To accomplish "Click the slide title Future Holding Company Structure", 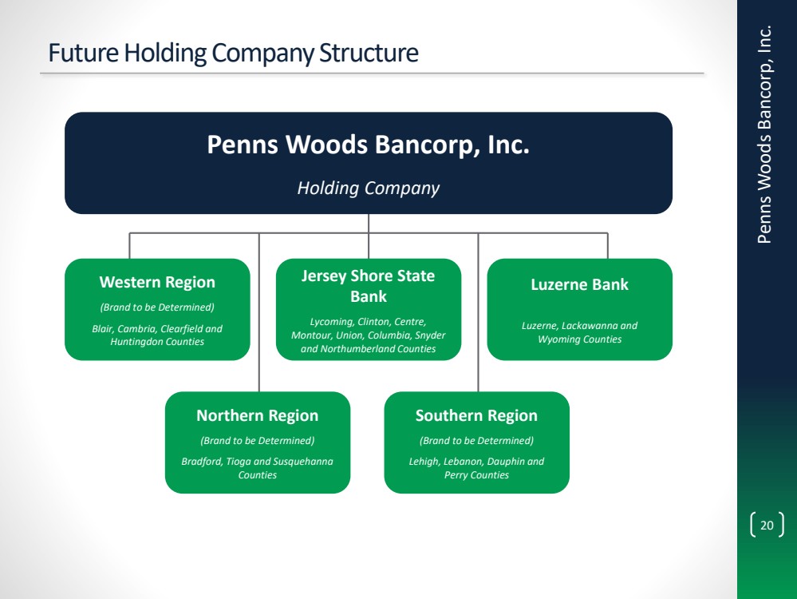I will click(233, 53).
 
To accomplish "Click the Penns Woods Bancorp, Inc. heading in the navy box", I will click(369, 145).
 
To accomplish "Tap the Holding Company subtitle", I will click(369, 188).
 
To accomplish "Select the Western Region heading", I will click(157, 282).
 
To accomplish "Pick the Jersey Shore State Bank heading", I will click(369, 286).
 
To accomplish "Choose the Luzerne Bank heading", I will click(579, 284).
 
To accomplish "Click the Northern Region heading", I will click(257, 415).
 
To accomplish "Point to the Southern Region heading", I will click(476, 415).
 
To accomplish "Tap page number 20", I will click(767, 526).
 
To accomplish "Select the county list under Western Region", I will click(157, 335).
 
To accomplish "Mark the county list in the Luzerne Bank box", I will click(579, 332).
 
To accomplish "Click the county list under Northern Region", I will click(257, 468).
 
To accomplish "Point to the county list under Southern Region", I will click(476, 468).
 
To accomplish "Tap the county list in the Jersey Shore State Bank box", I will click(369, 335).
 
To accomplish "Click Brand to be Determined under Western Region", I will click(157, 307).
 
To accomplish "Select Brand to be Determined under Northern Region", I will click(257, 440).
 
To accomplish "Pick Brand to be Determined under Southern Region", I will click(476, 440).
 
